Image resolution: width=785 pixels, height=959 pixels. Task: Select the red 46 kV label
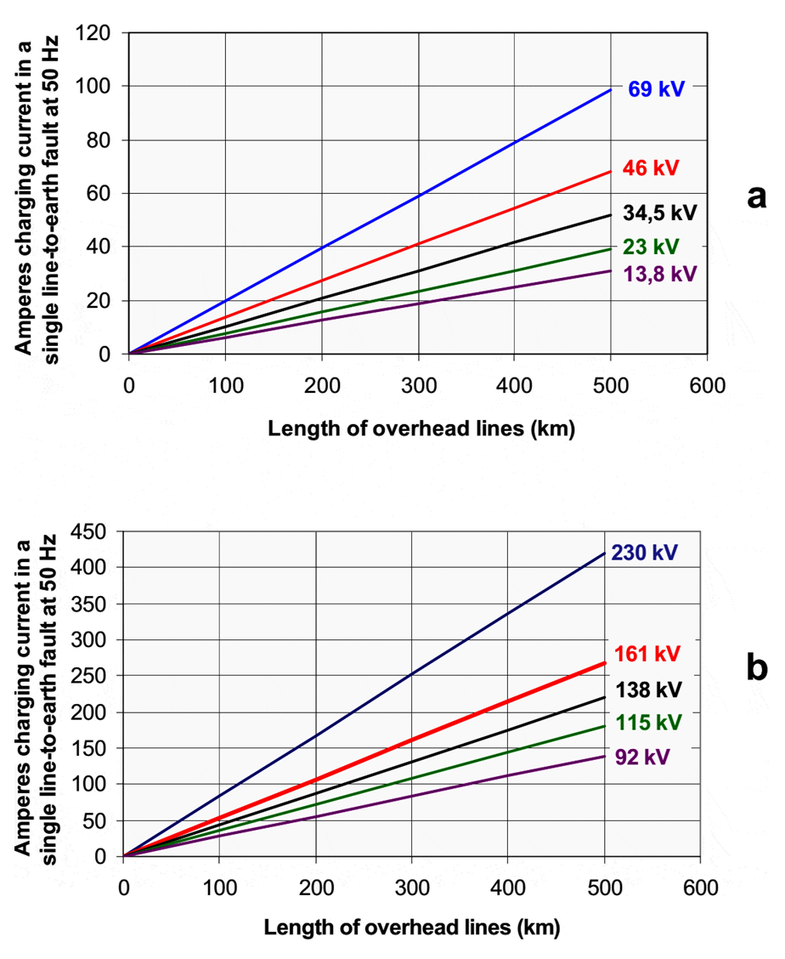[651, 167]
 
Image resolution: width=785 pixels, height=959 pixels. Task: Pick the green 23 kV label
[651, 247]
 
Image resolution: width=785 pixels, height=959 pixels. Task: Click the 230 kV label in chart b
[642, 552]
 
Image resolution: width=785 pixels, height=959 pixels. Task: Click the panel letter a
[755, 196]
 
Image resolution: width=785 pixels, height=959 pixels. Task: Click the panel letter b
[755, 668]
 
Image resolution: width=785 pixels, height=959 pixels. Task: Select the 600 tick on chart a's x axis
[707, 387]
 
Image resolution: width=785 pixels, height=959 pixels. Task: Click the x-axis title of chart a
[421, 428]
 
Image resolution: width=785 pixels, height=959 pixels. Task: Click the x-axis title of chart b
[412, 928]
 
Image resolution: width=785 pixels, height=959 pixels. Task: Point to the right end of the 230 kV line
[604, 553]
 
